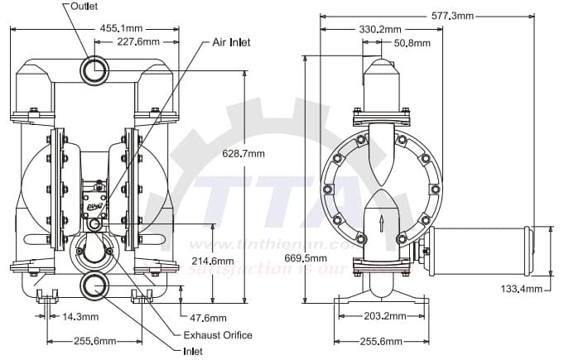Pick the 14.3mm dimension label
pyautogui.click(x=81, y=317)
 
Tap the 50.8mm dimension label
pyautogui.click(x=412, y=42)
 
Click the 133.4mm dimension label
pyautogui.click(x=523, y=288)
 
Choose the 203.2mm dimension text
pyautogui.click(x=384, y=316)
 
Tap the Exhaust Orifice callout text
pyautogui.click(x=218, y=335)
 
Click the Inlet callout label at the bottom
pyautogui.click(x=193, y=350)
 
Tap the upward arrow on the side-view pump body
pyautogui.click(x=381, y=223)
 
